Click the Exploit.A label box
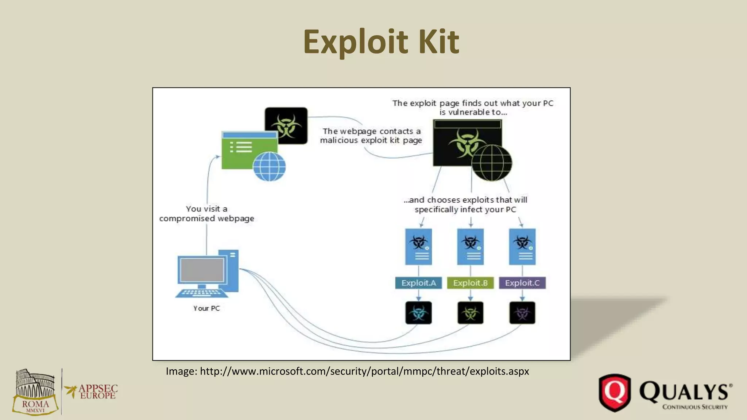tap(418, 283)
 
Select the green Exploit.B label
tap(470, 283)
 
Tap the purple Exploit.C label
tap(522, 283)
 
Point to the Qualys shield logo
tap(615, 393)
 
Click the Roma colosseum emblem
tap(35, 392)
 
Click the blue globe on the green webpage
tap(269, 166)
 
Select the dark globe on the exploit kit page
tap(491, 163)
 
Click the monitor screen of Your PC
tap(202, 270)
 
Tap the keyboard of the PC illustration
tap(199, 293)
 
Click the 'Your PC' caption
tap(206, 308)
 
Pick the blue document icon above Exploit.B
tap(470, 246)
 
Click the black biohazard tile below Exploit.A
tap(418, 313)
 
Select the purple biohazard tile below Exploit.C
tap(522, 313)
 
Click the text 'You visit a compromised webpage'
tap(206, 214)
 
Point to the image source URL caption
tap(347, 371)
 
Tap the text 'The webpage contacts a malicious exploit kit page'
tap(371, 136)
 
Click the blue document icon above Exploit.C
tap(522, 246)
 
